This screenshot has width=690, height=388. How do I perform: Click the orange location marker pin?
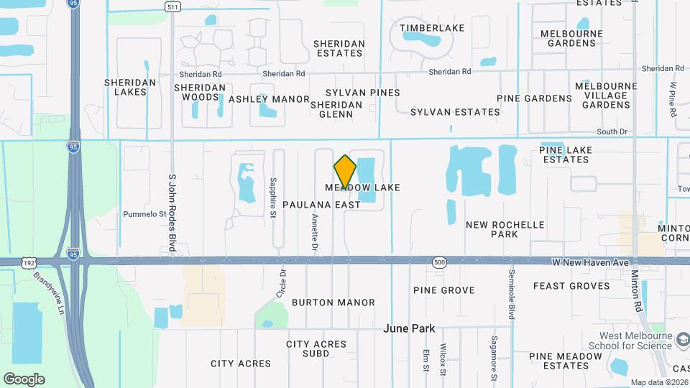345,172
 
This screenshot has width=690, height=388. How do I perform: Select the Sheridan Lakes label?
130,87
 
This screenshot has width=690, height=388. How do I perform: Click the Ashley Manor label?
269,99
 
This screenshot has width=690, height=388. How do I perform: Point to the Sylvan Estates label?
455,112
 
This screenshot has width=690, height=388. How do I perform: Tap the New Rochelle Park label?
505,229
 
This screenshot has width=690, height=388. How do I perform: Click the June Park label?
410,328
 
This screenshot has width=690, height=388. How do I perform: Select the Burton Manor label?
333,302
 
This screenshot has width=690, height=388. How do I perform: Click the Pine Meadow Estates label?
560,361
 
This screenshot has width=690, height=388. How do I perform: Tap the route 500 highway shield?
439,263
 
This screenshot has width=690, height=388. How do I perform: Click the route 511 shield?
172,7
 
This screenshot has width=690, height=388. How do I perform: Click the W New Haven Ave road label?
581,263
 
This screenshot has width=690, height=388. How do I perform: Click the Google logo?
24,379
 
